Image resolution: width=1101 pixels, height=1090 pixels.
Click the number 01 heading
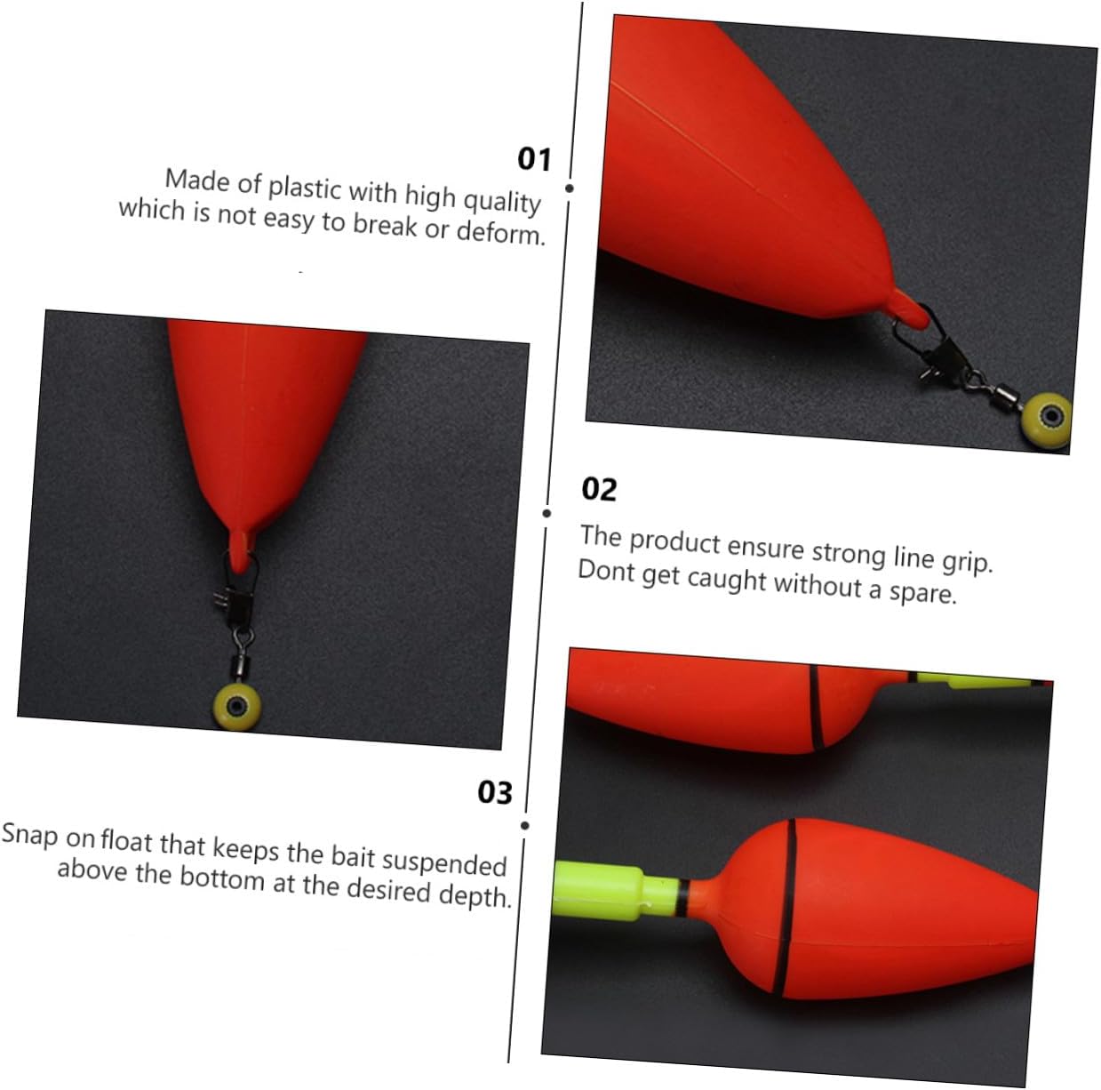point(534,159)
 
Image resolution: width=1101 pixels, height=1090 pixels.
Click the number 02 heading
point(599,490)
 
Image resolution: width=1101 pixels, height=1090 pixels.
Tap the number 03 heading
point(495,793)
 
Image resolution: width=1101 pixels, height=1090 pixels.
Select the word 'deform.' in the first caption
point(501,233)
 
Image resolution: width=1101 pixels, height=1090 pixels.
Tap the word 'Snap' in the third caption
point(29,834)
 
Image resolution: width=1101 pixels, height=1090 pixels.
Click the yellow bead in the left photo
point(236,706)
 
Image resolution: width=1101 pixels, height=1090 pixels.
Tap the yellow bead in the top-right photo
point(1046,421)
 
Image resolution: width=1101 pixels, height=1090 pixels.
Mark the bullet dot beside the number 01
point(569,188)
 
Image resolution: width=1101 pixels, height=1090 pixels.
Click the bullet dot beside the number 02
point(547,513)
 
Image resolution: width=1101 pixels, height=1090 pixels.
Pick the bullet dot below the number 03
point(525,825)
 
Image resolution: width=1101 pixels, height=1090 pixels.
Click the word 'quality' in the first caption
point(502,201)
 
